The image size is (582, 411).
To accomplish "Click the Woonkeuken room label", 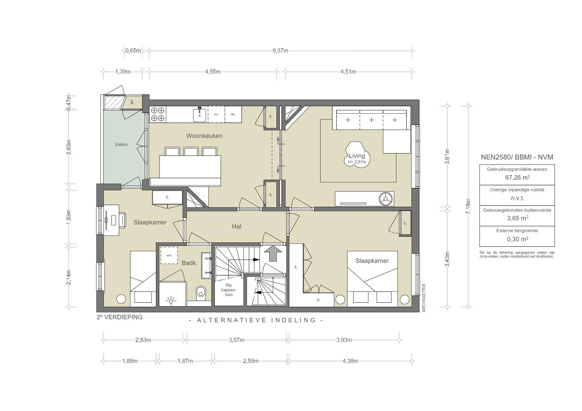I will pyautogui.click(x=204, y=136).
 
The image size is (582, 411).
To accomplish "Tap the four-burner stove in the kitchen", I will pyautogui.click(x=157, y=114).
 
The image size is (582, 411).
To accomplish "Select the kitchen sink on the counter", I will pyautogui.click(x=199, y=115).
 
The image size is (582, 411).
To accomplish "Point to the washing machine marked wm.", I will pyautogui.click(x=169, y=255).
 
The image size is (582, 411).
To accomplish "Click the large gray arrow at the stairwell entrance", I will pyautogui.click(x=273, y=253).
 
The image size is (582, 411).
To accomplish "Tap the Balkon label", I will pyautogui.click(x=121, y=145).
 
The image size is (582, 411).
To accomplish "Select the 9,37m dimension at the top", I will pyautogui.click(x=280, y=51).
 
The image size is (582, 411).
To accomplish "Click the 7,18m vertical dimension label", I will pyautogui.click(x=468, y=206).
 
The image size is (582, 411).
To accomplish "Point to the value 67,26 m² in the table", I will pyautogui.click(x=517, y=178).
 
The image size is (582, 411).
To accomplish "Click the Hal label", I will pyautogui.click(x=236, y=226).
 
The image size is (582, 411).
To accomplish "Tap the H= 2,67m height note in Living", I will pyautogui.click(x=357, y=162).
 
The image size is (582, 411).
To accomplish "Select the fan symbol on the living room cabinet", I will pyautogui.click(x=386, y=199).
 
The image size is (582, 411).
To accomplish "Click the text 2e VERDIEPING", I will pyautogui.click(x=119, y=317).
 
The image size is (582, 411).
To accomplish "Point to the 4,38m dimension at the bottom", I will pyautogui.click(x=350, y=361).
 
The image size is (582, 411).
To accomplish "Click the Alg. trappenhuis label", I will pyautogui.click(x=229, y=290).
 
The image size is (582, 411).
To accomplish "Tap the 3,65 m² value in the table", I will pyautogui.click(x=517, y=218).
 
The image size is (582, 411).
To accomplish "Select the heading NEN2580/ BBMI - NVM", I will pyautogui.click(x=517, y=157).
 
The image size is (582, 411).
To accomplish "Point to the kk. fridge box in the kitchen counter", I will pyautogui.click(x=233, y=114).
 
